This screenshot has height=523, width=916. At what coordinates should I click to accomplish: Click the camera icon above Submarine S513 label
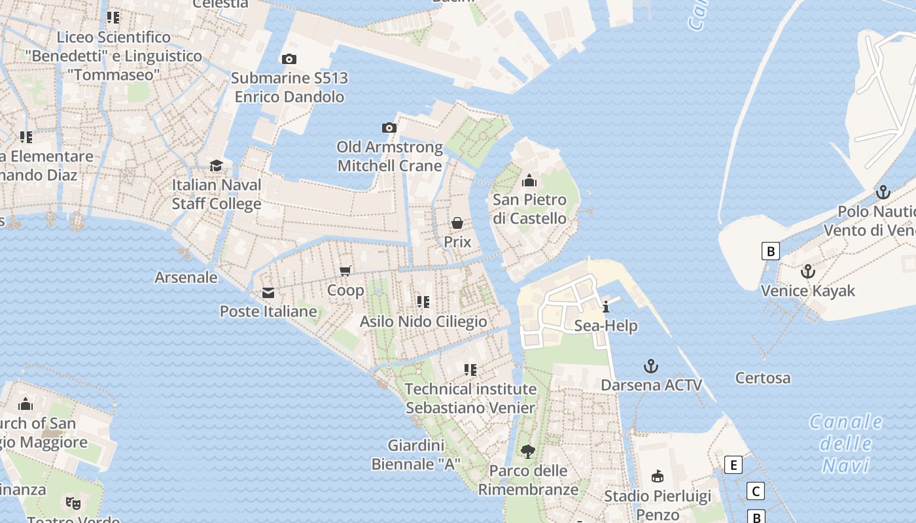(x=289, y=59)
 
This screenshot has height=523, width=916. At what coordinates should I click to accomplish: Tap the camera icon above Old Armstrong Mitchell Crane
(x=389, y=127)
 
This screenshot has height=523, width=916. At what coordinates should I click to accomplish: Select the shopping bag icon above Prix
(x=457, y=223)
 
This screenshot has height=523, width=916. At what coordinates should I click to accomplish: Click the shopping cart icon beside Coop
(x=345, y=271)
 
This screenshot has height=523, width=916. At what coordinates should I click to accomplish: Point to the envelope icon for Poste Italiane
(x=268, y=293)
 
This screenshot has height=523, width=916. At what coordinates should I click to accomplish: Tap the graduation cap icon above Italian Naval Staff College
(x=216, y=165)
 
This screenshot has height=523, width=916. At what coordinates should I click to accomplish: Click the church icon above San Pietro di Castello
(x=529, y=180)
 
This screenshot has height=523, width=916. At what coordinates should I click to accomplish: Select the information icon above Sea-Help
(x=606, y=306)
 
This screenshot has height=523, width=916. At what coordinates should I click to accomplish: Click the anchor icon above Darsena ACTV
(x=650, y=365)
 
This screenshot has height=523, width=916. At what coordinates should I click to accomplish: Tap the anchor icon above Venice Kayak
(x=808, y=271)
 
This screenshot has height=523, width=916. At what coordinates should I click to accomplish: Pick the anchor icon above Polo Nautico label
(x=883, y=192)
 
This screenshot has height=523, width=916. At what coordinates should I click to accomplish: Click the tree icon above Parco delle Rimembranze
(x=527, y=451)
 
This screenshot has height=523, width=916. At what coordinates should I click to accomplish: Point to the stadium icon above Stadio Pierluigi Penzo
(x=658, y=476)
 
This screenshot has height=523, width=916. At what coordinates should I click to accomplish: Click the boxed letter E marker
(x=733, y=465)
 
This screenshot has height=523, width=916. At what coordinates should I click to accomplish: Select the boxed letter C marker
(x=756, y=491)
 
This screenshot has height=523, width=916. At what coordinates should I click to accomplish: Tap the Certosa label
(x=762, y=378)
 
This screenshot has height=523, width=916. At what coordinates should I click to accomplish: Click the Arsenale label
(x=186, y=277)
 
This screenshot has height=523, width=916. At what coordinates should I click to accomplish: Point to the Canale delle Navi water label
(x=846, y=443)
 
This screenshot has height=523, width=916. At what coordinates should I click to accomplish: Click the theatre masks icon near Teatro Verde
(x=72, y=503)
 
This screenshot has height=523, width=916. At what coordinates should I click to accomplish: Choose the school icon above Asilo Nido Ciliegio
(x=423, y=301)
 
